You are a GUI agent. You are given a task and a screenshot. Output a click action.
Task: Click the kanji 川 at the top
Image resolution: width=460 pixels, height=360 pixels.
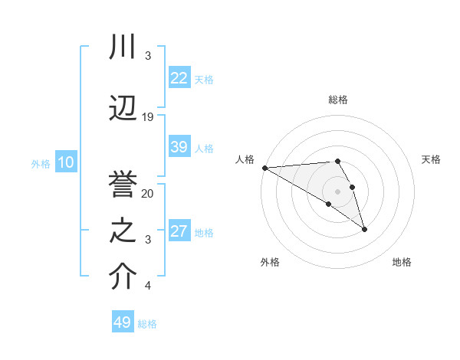coord(123,47)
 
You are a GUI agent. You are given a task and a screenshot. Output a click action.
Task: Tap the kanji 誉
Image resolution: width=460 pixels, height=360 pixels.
coord(123,184)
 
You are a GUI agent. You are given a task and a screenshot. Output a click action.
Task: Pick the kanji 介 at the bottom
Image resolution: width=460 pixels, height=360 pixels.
coord(123,277)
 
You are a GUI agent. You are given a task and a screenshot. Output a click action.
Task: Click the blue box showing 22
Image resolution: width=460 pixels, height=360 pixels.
coord(179,78)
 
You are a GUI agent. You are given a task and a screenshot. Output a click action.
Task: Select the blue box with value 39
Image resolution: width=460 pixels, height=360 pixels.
coord(179,147)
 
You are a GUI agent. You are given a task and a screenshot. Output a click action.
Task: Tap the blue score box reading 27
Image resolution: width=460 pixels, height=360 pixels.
coord(179,231)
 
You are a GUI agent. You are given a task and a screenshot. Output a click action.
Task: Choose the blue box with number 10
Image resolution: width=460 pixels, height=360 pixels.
coord(66,162)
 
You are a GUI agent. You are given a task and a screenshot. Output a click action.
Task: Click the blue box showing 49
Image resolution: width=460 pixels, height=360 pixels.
coord(123,322)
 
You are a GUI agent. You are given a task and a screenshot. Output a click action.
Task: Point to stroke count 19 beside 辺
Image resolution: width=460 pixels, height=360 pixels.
coord(148,117)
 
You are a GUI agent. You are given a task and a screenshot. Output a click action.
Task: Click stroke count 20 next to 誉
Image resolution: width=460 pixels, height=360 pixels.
coord(148,194)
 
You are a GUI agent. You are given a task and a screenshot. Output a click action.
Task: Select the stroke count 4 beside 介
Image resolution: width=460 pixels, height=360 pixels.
coord(148,286)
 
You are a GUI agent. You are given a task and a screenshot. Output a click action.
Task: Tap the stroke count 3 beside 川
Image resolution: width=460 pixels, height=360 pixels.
coord(148,56)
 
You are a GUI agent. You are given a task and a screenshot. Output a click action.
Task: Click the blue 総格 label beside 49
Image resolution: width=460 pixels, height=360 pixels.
coord(147,324)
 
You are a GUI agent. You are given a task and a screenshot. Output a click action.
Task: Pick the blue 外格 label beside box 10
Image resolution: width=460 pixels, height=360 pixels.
coord(40,163)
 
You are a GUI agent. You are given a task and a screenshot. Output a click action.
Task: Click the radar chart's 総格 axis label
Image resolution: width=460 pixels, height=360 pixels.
coord(337,100)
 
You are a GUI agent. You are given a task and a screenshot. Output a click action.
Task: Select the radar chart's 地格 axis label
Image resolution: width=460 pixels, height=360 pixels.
coord(402,262)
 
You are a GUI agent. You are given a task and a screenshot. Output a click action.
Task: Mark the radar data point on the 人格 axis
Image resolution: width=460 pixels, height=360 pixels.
coord(264,168)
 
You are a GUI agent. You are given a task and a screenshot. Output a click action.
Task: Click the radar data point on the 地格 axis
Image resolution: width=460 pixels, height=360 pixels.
coord(364,229)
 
